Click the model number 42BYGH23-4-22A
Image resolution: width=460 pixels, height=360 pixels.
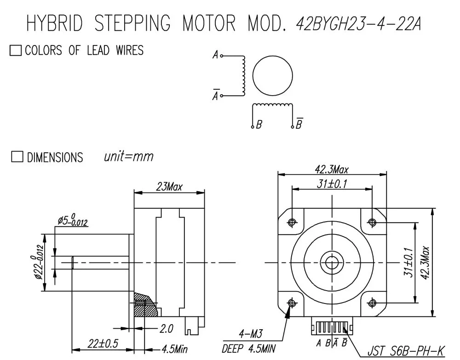(x=358, y=23)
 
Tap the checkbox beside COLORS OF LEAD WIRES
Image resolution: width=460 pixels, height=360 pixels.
(x=16, y=50)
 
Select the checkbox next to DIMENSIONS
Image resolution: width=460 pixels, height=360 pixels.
(x=17, y=156)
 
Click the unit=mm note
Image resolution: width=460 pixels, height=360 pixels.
(x=128, y=156)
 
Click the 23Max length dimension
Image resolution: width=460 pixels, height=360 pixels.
(x=169, y=187)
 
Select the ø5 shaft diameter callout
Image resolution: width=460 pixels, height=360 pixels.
(x=73, y=220)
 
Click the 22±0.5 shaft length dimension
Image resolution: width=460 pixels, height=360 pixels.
(x=103, y=343)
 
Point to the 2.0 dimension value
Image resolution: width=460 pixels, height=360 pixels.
(x=167, y=329)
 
